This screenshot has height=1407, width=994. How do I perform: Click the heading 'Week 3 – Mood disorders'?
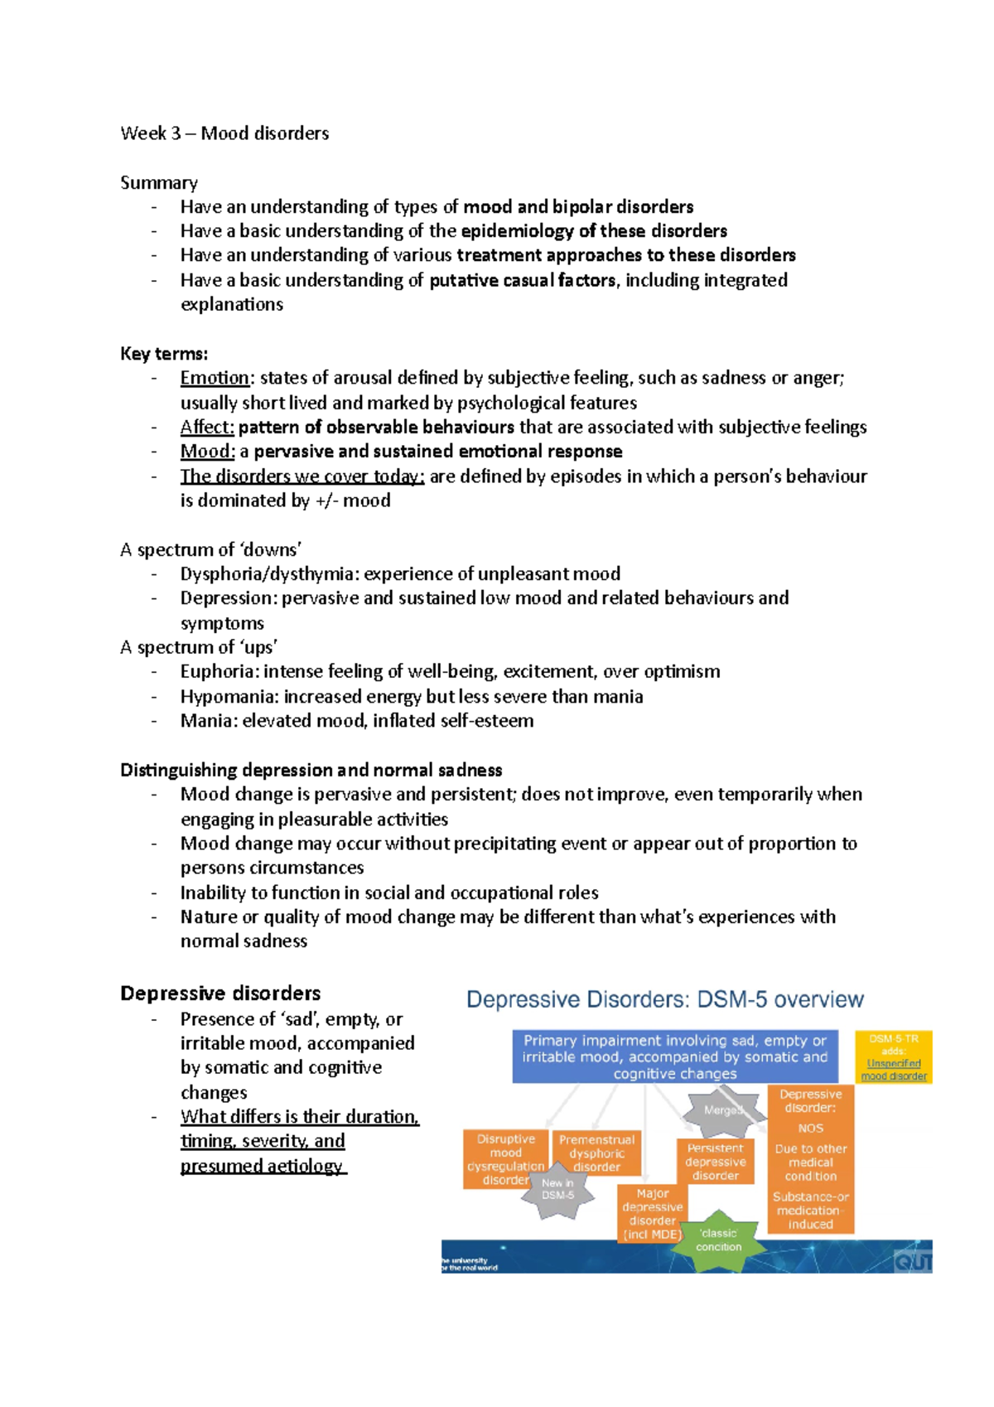[224, 133]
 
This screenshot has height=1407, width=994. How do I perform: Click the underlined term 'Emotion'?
[215, 378]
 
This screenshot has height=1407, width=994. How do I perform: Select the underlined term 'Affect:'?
[207, 427]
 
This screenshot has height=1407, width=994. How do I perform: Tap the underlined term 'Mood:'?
[207, 452]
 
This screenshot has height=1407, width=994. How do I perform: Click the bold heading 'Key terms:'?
[164, 354]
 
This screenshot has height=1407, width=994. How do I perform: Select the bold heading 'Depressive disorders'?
[220, 994]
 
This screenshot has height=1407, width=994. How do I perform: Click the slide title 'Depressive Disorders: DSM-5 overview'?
[664, 1000]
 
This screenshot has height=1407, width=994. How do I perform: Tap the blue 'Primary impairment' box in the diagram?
[674, 1056]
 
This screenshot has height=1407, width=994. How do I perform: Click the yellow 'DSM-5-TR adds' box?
[893, 1056]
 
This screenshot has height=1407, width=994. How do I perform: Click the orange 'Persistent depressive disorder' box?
[715, 1161]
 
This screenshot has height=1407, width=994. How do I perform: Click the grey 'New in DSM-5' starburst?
[558, 1191]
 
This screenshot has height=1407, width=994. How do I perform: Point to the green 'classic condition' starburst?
[718, 1240]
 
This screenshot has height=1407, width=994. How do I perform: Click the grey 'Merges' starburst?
[722, 1111]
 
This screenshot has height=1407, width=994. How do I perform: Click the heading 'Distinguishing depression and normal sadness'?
[311, 771]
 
